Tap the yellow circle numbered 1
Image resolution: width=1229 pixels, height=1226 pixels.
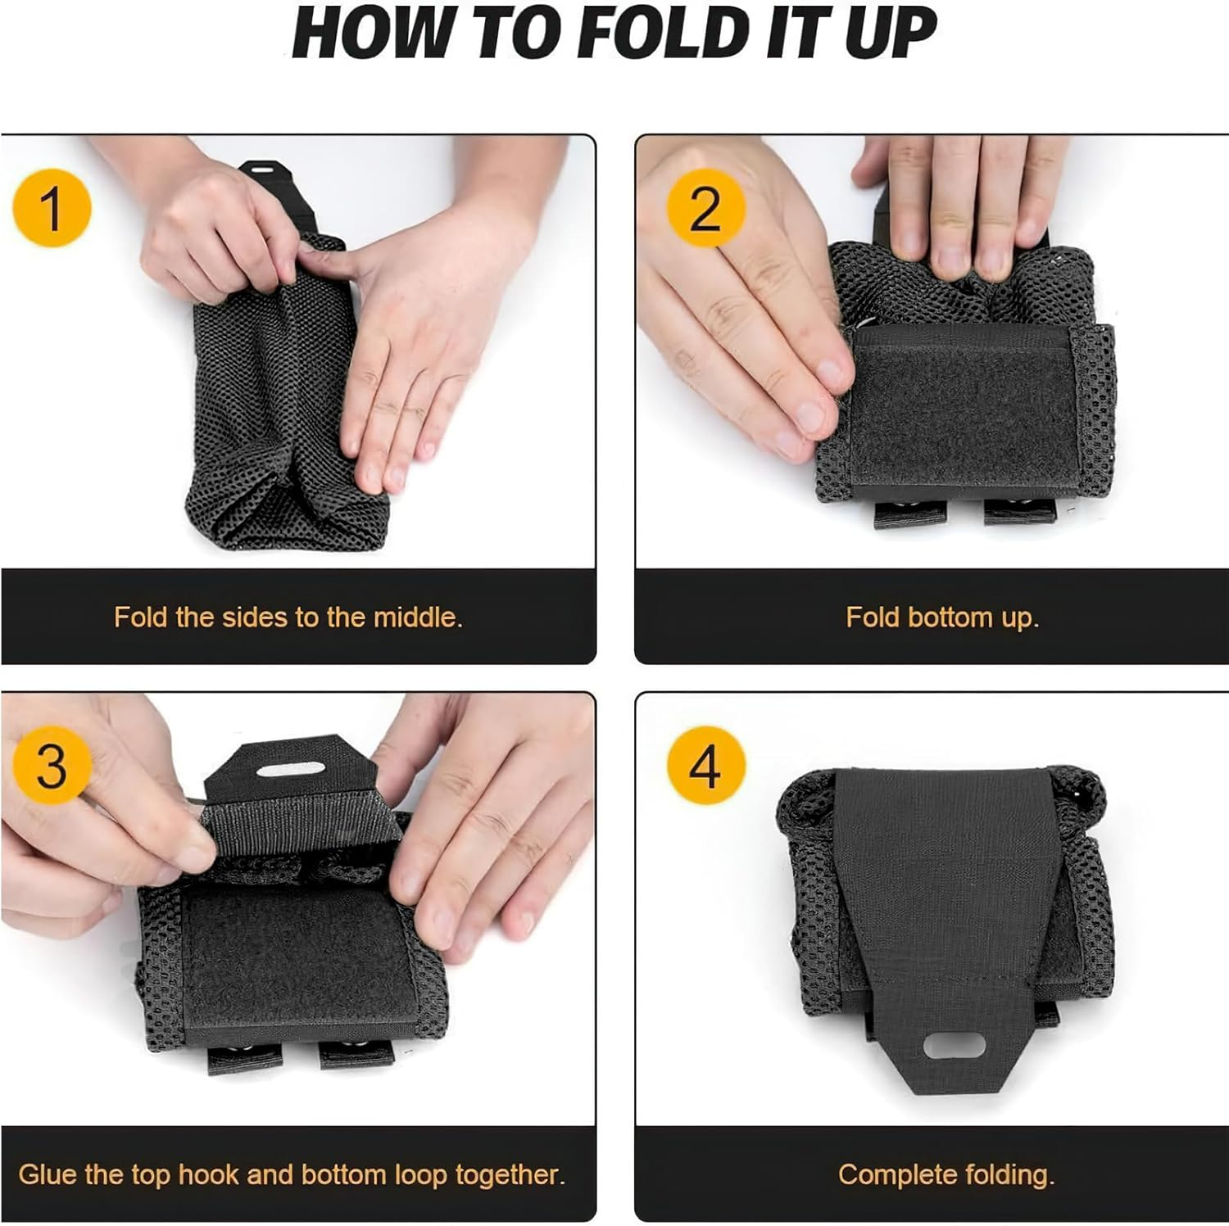(x=52, y=208)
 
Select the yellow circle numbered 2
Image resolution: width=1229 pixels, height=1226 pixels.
(x=705, y=209)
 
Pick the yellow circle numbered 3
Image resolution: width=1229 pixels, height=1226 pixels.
(x=52, y=766)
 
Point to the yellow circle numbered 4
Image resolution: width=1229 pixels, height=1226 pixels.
(x=705, y=766)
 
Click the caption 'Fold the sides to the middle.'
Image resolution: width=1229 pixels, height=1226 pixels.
(x=288, y=617)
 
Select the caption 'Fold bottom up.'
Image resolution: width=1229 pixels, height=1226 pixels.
(x=941, y=617)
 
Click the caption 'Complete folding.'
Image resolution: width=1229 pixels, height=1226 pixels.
(x=946, y=1174)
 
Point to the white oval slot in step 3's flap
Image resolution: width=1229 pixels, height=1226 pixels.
(x=290, y=770)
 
